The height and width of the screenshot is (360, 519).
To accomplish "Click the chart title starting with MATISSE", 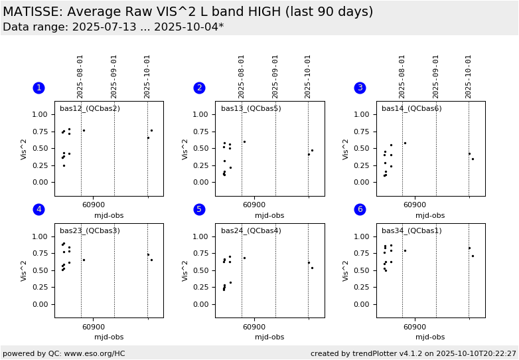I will [x=188, y=12].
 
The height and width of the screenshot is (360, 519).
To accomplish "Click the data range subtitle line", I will [x=113, y=27].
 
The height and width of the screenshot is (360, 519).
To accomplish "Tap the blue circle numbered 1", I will [x=38, y=88].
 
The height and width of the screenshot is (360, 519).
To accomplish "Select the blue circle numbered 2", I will [x=199, y=88].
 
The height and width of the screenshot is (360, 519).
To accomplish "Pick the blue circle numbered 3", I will [x=360, y=88].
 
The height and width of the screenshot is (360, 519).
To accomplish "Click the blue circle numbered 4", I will [x=38, y=209].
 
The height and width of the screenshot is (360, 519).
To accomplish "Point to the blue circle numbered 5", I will [x=199, y=209].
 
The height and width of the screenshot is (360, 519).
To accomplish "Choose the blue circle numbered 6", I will [x=360, y=209].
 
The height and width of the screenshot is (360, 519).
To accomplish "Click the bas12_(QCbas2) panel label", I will [x=90, y=108].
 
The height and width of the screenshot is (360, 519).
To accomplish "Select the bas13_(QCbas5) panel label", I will [x=251, y=108].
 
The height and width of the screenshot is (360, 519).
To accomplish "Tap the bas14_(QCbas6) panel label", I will [x=411, y=108].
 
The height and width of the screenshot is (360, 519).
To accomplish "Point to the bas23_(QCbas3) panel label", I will [x=90, y=230].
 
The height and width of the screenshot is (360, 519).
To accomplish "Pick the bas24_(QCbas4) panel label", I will [x=251, y=230].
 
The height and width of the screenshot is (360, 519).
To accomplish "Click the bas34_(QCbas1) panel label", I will [x=411, y=230].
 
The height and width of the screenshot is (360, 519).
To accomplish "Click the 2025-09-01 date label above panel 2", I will [x=275, y=76].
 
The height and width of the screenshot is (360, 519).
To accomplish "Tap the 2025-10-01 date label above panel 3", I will [x=469, y=76].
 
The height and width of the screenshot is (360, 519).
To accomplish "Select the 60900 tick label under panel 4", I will [x=93, y=327].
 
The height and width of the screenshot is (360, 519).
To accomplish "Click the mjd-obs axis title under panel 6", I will [x=430, y=337].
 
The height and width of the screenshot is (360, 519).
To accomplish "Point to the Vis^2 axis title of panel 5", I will [x=186, y=270].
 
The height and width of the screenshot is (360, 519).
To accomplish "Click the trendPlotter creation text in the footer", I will [x=413, y=353].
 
